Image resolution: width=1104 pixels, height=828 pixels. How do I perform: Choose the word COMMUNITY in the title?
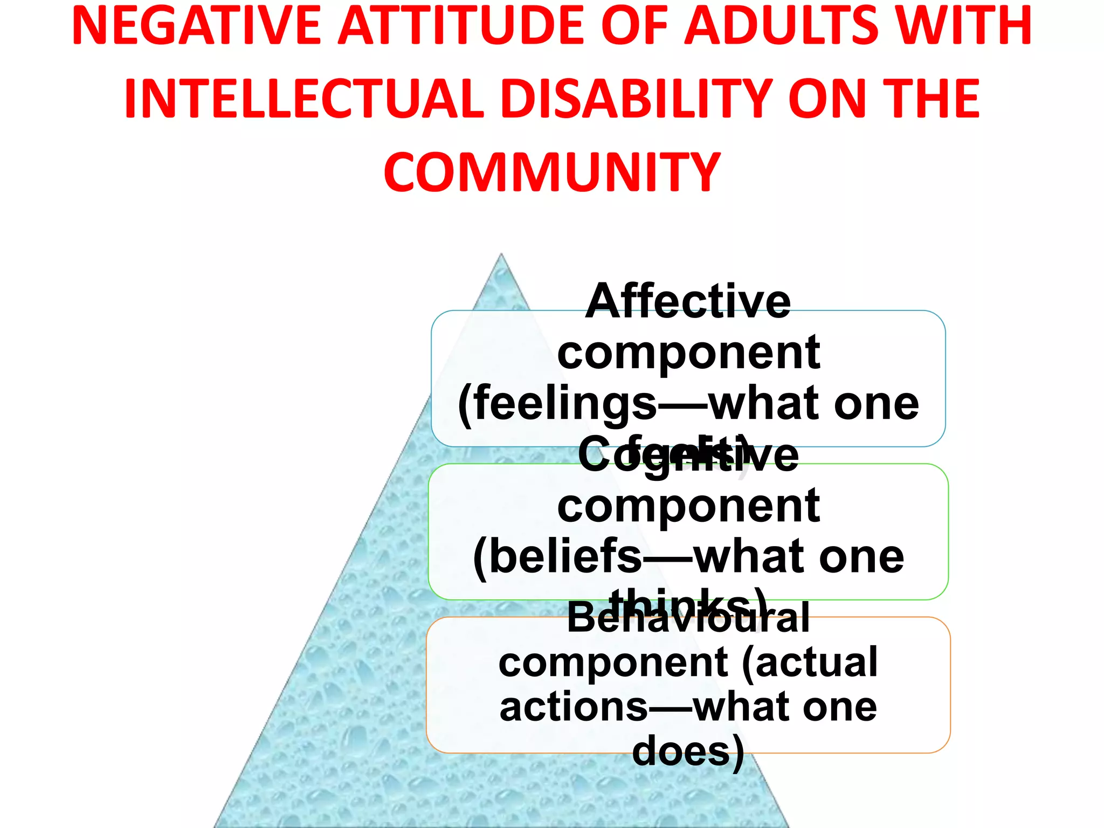pos(551,172)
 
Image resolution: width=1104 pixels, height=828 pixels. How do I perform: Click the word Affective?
pos(688,302)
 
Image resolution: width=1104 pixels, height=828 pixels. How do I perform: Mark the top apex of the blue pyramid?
pos(501,254)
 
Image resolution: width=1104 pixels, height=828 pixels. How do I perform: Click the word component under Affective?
pos(688,353)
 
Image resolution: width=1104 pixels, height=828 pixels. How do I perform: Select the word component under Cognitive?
pos(688,507)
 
